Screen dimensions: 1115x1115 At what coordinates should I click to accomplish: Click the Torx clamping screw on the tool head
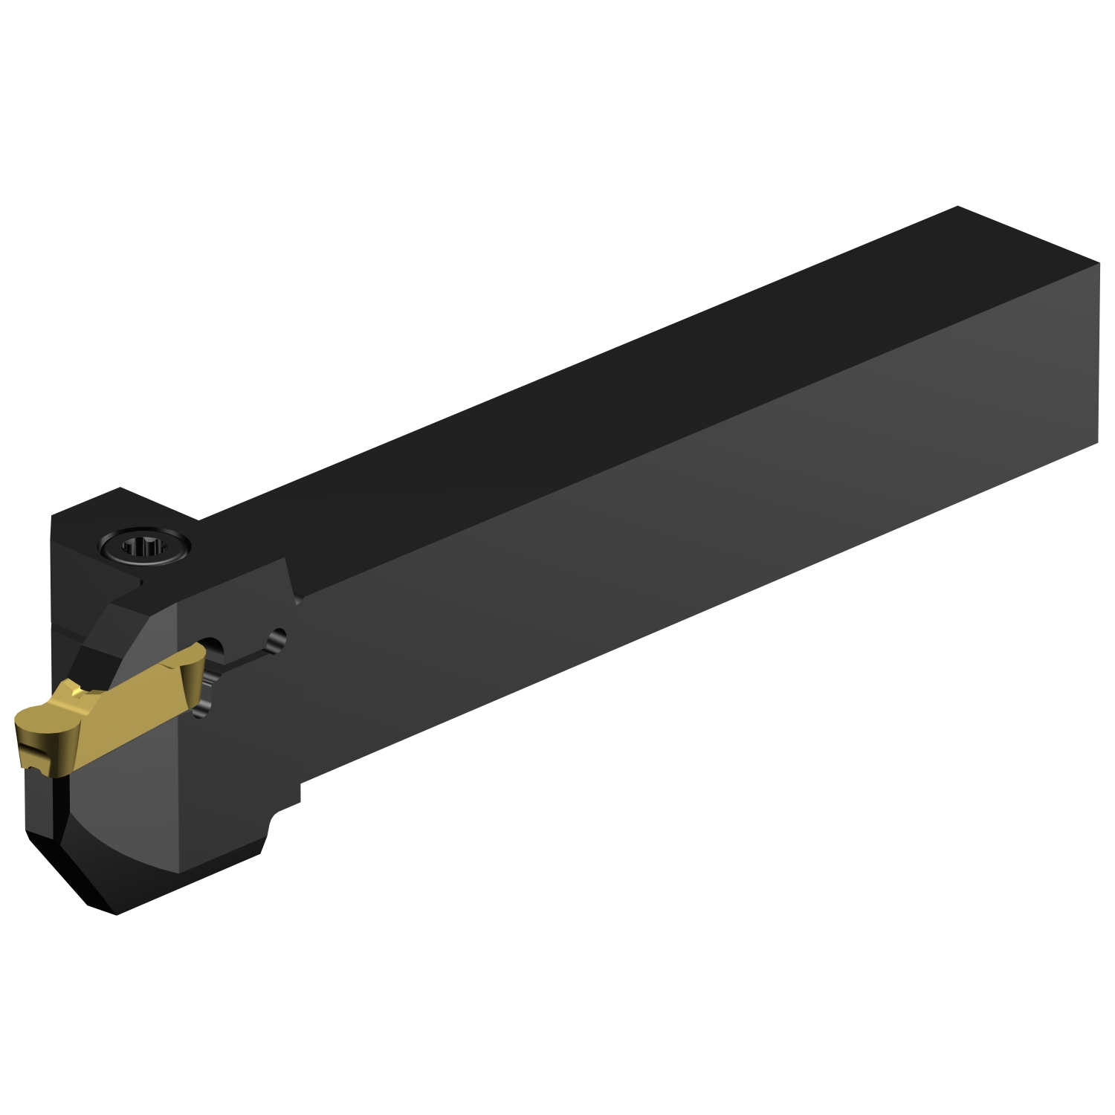(144, 549)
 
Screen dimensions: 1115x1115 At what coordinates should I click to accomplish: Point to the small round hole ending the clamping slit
(279, 636)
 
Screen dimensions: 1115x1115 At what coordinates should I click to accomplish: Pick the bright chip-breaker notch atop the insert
(74, 691)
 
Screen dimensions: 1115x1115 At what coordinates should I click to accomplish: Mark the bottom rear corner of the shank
(1097, 444)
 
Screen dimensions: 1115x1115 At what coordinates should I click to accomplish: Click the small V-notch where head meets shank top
(297, 598)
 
